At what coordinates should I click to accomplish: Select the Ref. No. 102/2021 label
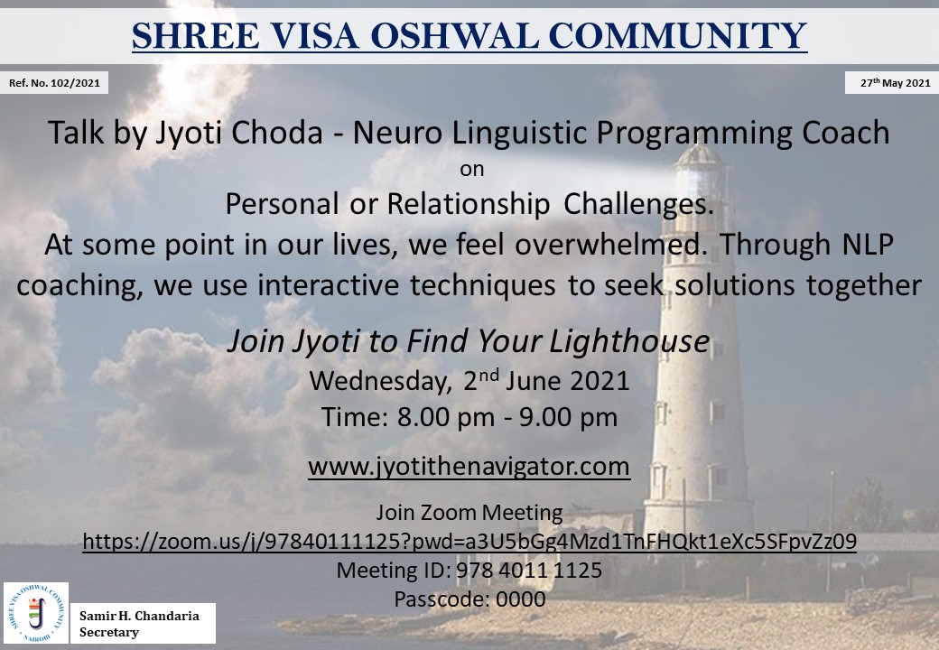(x=54, y=83)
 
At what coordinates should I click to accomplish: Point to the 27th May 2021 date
(x=896, y=83)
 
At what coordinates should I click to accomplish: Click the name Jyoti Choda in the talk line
(x=239, y=133)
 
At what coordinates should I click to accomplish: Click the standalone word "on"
(x=472, y=170)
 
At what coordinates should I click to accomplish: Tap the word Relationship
(x=469, y=204)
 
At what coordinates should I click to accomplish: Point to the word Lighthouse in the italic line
(x=629, y=341)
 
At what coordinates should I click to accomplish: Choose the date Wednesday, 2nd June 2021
(x=469, y=381)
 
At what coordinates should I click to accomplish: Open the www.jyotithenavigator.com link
(x=469, y=466)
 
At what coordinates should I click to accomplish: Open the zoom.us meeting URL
(x=469, y=541)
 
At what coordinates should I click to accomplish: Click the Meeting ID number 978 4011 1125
(x=529, y=570)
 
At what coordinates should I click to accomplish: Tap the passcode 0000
(x=521, y=599)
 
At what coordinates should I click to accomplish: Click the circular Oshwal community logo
(x=36, y=613)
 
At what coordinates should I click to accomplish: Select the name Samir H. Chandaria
(x=140, y=616)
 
